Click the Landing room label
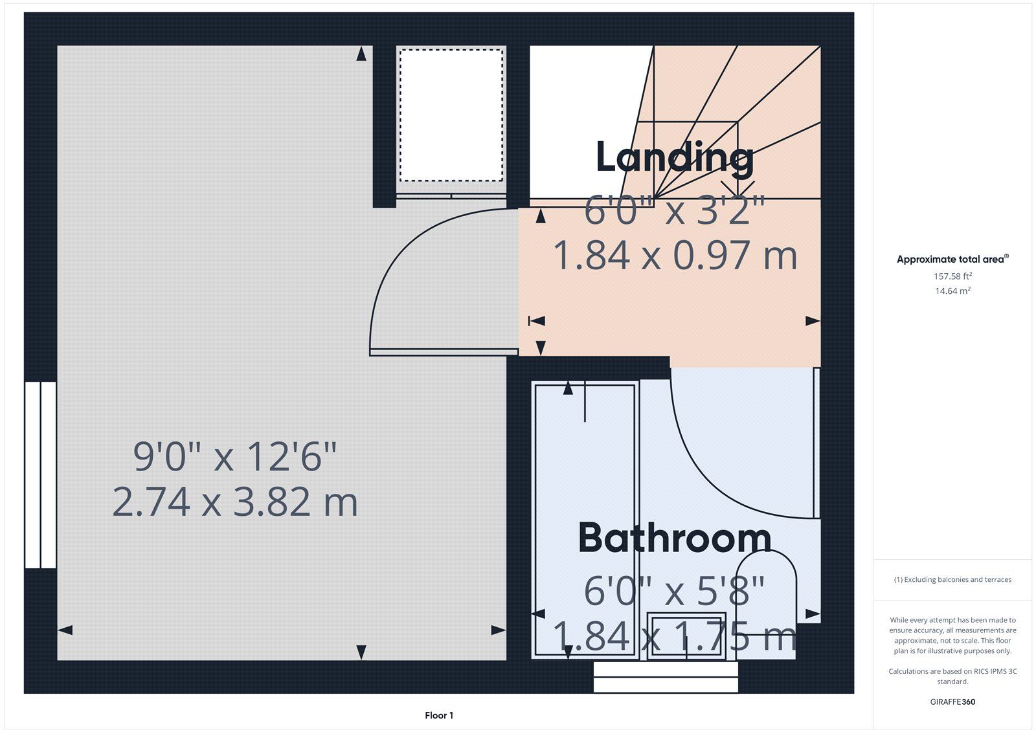click(x=675, y=158)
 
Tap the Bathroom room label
click(x=675, y=538)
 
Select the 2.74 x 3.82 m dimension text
click(x=235, y=502)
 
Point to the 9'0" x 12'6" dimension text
click(x=235, y=456)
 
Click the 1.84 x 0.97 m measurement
click(x=675, y=255)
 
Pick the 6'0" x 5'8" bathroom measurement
click(x=675, y=590)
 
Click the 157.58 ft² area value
click(x=952, y=276)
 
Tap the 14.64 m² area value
click(x=952, y=291)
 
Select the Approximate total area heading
click(x=952, y=259)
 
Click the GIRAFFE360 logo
click(x=952, y=702)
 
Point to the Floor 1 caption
click(x=439, y=715)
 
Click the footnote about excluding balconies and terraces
click(x=952, y=579)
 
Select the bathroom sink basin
click(x=686, y=636)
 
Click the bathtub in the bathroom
click(x=585, y=520)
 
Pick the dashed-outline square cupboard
click(x=451, y=115)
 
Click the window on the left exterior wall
click(x=41, y=475)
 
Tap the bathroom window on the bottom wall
click(x=666, y=678)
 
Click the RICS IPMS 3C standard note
click(x=952, y=676)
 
